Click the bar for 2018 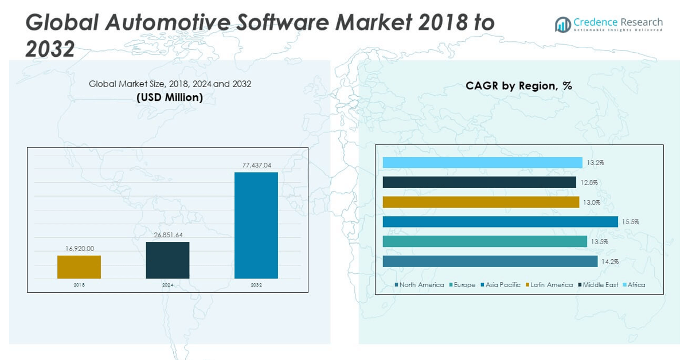point(79,267)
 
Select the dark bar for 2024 point(167,260)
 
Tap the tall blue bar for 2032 point(256,225)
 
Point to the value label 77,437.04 point(256,165)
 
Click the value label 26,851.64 point(167,235)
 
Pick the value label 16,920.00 point(79,248)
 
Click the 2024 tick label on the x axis point(167,284)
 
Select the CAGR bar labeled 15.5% point(500,222)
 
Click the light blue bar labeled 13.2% point(482,163)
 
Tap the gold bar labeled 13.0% point(480,202)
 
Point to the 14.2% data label point(610,261)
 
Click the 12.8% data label point(589,182)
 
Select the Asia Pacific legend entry point(503,285)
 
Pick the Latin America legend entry point(551,285)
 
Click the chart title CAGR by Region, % point(519,86)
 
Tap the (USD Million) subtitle point(170,97)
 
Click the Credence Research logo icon point(562,24)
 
